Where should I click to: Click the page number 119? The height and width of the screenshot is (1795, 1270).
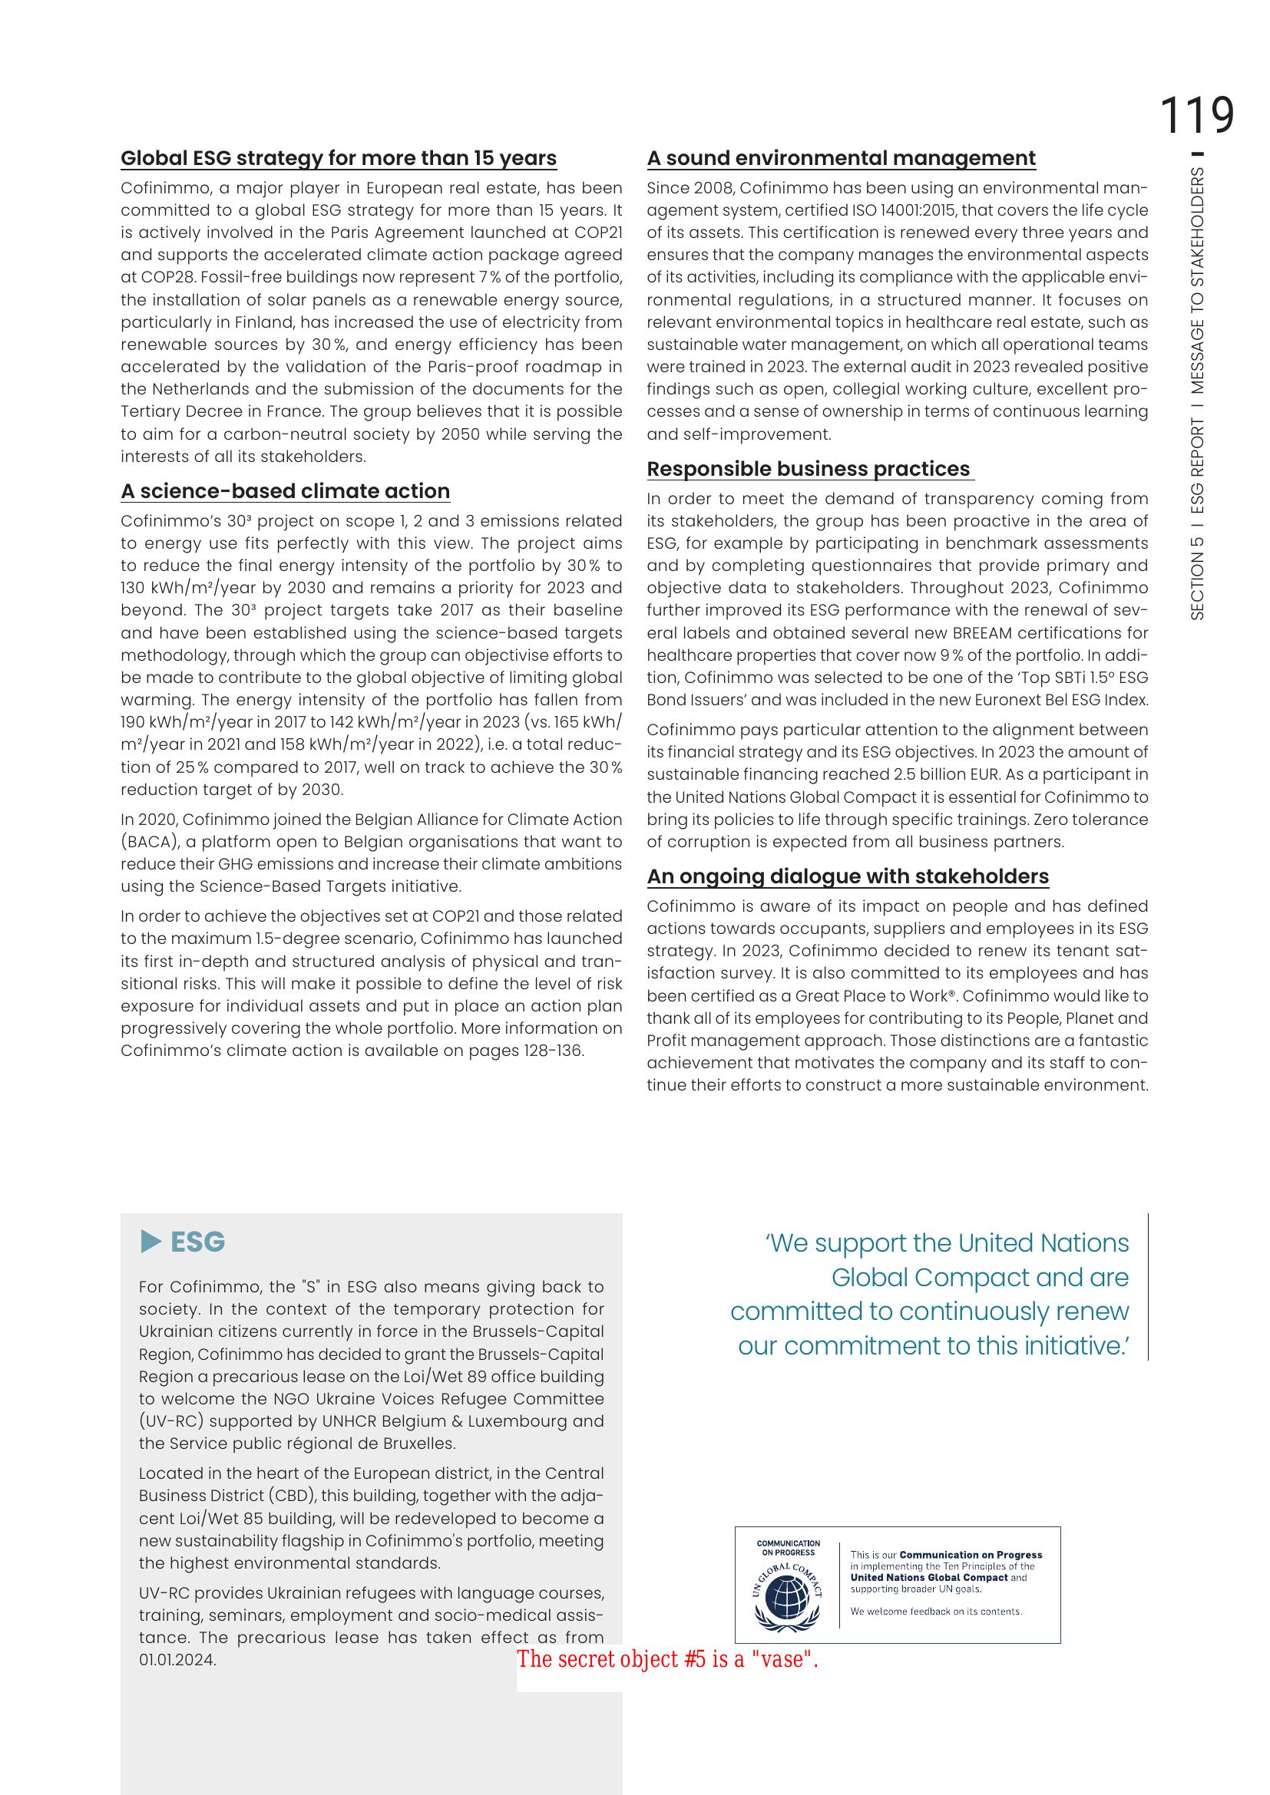(1196, 116)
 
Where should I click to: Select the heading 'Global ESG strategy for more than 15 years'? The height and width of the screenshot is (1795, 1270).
(338, 158)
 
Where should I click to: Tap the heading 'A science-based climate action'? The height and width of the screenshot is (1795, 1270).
(285, 491)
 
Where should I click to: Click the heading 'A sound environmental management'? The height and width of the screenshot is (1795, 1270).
(841, 158)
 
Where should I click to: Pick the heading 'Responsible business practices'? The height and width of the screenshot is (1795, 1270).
(809, 469)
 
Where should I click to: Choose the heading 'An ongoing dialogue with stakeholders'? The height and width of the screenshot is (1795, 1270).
(847, 876)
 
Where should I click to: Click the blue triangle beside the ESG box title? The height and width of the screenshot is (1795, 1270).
(151, 1242)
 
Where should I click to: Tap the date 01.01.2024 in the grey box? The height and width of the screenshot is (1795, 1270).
(177, 1660)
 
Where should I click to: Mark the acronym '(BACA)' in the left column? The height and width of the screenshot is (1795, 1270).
(146, 842)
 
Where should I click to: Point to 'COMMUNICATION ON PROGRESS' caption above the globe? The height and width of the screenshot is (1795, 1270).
(788, 1548)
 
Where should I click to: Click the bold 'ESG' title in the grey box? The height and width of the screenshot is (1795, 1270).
(198, 1242)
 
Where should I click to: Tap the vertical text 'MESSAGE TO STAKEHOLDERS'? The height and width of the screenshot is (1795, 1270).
(1196, 282)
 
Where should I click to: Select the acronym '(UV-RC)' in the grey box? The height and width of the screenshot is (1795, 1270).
(171, 1421)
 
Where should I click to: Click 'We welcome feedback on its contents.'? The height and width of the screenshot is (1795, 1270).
(935, 1612)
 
